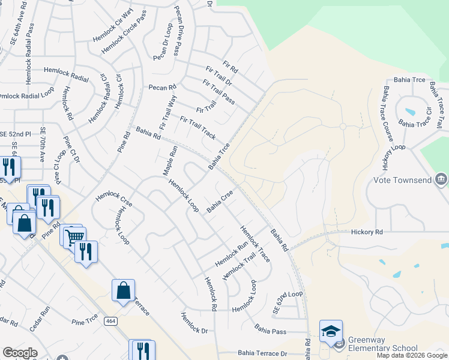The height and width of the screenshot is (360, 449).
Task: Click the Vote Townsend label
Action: click(403, 180)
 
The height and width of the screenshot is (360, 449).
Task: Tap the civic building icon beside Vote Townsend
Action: click(441, 179)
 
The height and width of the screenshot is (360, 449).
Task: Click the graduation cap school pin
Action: click(331, 332)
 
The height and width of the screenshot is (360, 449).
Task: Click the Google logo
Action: click(20, 353)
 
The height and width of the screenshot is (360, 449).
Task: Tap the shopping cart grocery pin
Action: click(74, 237)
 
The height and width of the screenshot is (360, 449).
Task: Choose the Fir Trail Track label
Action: click(197, 127)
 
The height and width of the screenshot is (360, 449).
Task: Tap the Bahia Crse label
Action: click(220, 202)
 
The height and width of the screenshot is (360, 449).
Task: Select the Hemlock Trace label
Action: click(255, 243)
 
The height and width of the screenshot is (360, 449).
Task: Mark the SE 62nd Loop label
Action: click(288, 302)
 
